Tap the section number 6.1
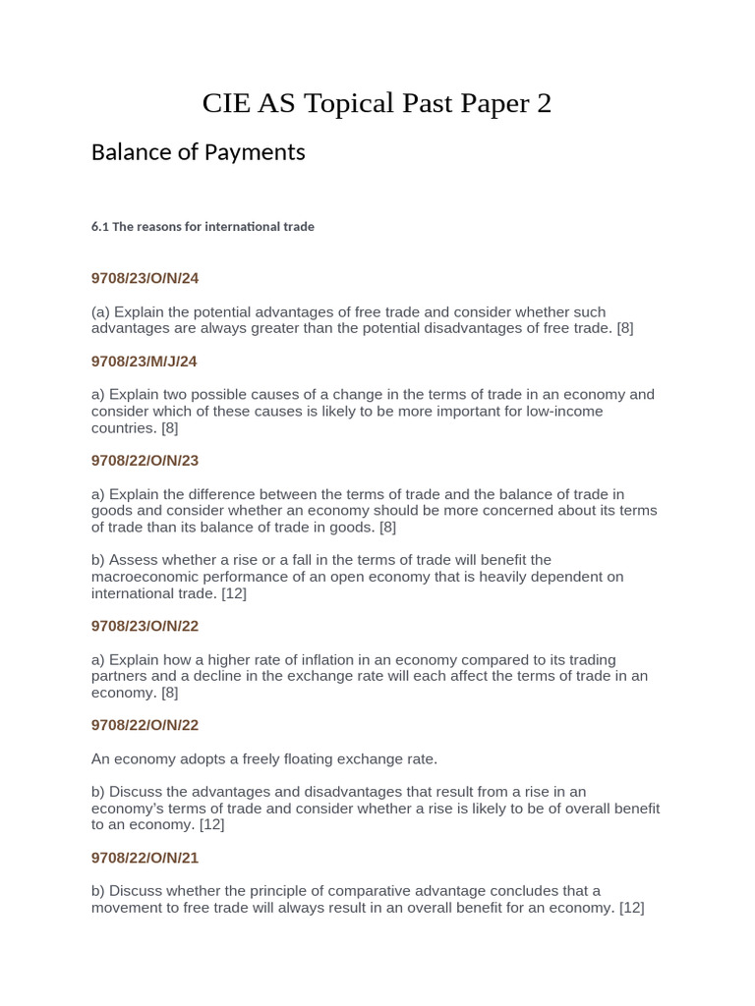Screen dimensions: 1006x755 (99, 227)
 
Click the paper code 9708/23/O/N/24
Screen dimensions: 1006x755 (145, 279)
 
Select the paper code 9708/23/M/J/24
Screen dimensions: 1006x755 (144, 362)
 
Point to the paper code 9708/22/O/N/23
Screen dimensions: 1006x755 (145, 461)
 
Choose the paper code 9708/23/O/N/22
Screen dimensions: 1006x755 (145, 626)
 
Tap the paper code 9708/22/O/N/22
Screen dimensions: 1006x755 (145, 725)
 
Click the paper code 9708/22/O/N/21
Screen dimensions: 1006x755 (145, 858)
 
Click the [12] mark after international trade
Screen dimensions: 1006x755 (234, 593)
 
